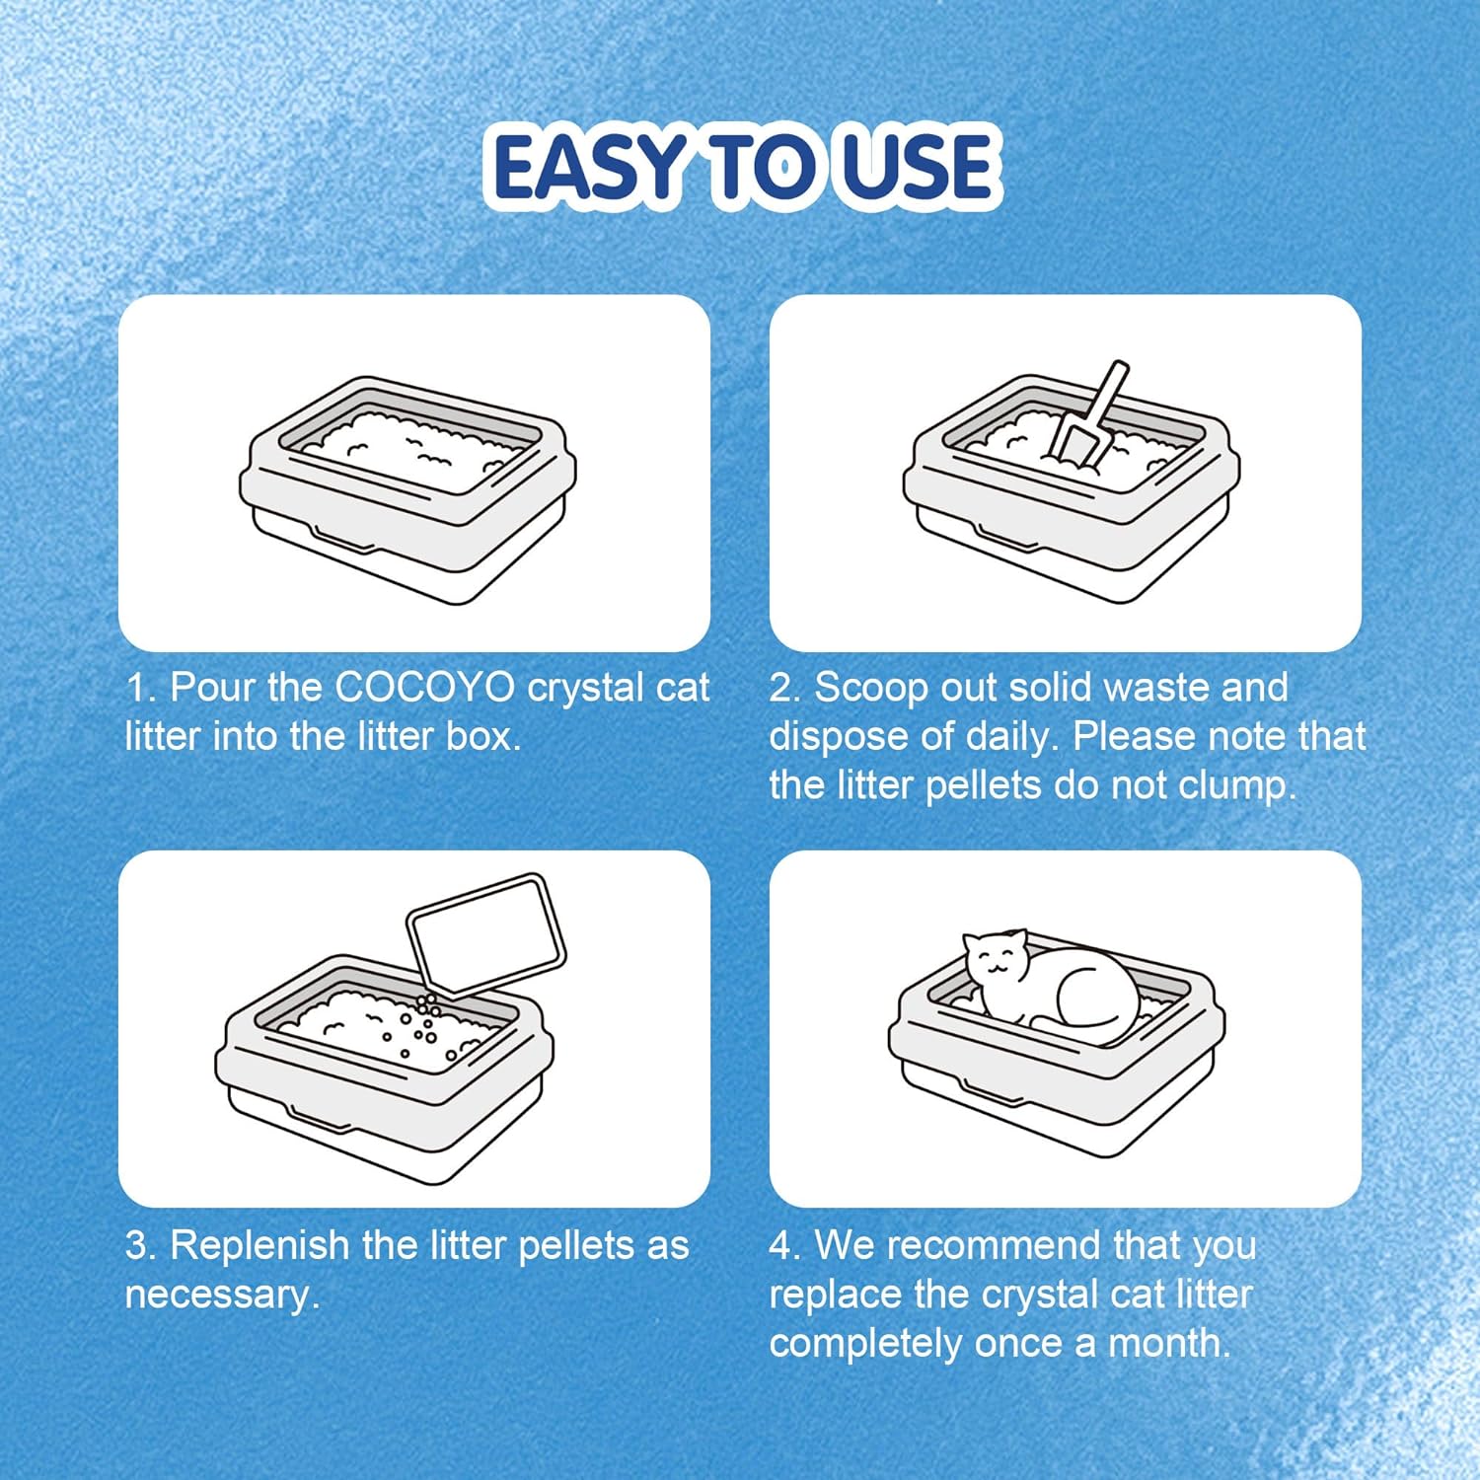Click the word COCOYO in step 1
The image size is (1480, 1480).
(426, 688)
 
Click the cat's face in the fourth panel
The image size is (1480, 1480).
(997, 957)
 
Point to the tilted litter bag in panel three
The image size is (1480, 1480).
(486, 933)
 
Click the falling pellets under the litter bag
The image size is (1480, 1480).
(424, 1026)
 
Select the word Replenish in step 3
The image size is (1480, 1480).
(261, 1246)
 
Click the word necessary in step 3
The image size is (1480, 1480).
(218, 1295)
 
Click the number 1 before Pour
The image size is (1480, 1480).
(136, 688)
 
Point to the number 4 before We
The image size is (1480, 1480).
(780, 1245)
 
